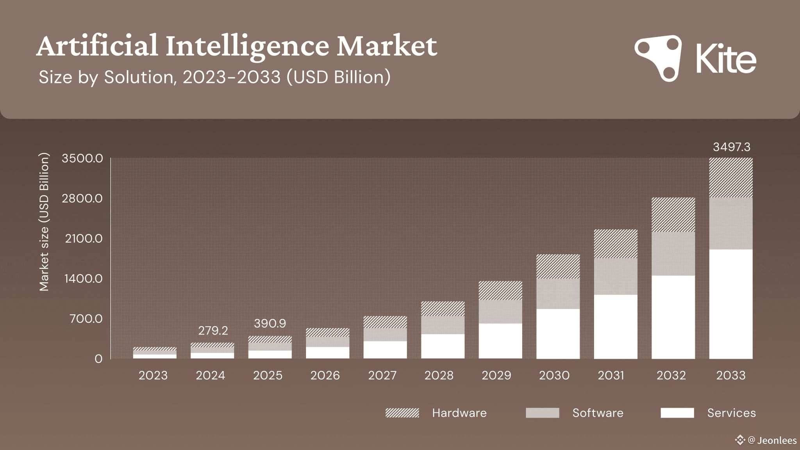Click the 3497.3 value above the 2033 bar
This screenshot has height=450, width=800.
(x=731, y=147)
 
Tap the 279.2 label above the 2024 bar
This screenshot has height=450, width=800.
(x=213, y=331)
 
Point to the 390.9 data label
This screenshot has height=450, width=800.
(x=270, y=323)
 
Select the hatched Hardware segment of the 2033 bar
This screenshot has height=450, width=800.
(x=731, y=178)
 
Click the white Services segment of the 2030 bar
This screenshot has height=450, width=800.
(x=558, y=334)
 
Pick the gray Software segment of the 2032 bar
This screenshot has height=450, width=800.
(x=673, y=254)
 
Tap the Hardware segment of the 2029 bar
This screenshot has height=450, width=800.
(x=500, y=291)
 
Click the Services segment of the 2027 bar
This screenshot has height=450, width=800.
(x=385, y=350)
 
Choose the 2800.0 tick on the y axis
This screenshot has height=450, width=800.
(x=82, y=198)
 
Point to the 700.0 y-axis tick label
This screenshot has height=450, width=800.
(x=86, y=319)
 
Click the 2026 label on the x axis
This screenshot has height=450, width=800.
(x=325, y=375)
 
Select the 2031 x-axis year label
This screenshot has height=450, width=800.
(x=611, y=375)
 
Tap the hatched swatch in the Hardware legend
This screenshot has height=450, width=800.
(x=402, y=413)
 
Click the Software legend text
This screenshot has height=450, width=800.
(x=598, y=413)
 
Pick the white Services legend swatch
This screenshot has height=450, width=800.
(x=677, y=413)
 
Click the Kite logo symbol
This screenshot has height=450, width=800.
(x=659, y=58)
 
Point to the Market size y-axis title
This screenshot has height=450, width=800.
(x=44, y=222)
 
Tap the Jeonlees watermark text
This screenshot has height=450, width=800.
(x=777, y=441)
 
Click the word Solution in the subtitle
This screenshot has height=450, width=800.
(x=139, y=77)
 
